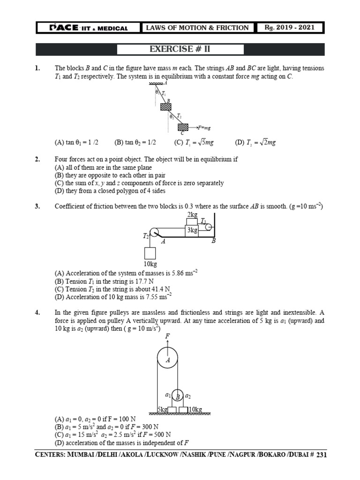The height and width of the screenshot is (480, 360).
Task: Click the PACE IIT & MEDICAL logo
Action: click(89, 28)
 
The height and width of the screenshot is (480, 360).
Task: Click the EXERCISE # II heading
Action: click(180, 49)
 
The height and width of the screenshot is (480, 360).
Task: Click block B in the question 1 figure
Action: click(166, 106)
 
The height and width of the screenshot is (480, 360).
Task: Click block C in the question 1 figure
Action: click(182, 127)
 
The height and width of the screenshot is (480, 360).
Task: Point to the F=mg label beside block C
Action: click(204, 127)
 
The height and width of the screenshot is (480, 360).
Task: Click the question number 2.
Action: click(37, 159)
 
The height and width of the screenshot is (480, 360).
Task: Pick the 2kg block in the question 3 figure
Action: click(192, 221)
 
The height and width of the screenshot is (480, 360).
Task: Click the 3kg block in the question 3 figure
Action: click(192, 230)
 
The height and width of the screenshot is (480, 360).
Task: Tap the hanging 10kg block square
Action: click(150, 253)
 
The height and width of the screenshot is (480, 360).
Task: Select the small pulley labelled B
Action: click(178, 396)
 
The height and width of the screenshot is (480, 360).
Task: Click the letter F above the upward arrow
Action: click(167, 337)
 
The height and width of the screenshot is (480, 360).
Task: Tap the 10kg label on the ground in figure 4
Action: click(195, 410)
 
